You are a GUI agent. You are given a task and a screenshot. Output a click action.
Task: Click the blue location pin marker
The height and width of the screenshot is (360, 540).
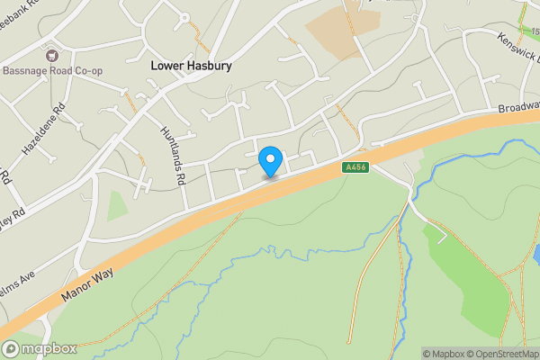270,161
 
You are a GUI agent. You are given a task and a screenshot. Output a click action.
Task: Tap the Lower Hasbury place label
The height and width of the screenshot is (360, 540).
191,66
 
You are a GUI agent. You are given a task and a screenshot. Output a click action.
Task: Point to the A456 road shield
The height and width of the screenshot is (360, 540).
355,167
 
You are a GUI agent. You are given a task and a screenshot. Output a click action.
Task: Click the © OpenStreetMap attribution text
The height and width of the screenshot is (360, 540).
499,354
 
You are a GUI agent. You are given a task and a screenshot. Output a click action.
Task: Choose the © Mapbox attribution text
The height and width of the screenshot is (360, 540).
442,354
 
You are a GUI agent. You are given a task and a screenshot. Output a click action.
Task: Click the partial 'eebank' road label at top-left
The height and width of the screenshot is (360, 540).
20,4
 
